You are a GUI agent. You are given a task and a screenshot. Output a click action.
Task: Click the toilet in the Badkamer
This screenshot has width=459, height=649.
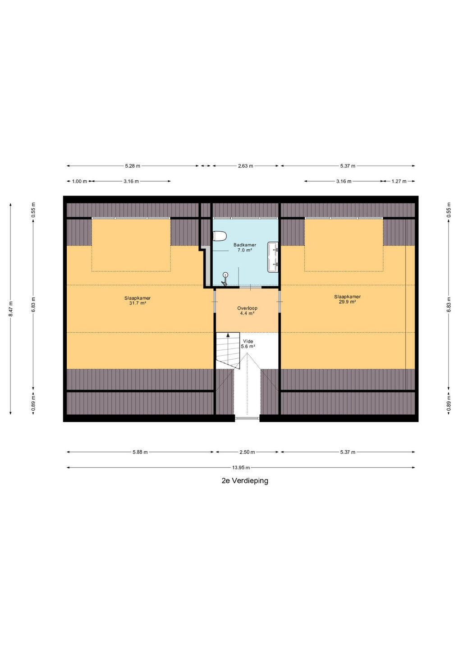click(220, 236)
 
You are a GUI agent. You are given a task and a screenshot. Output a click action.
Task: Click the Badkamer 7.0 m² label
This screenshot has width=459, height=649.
click(244, 247)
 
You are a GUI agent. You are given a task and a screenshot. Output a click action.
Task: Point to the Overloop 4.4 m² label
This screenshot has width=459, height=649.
click(247, 310)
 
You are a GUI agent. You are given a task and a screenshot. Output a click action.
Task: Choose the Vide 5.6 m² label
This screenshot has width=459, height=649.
click(248, 343)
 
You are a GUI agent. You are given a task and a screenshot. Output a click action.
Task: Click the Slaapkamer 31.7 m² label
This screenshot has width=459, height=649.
click(138, 301)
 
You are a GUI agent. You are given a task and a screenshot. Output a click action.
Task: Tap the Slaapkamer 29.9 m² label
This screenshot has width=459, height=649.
click(347, 299)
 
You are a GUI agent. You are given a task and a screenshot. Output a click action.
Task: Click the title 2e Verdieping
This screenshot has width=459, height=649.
click(245, 480)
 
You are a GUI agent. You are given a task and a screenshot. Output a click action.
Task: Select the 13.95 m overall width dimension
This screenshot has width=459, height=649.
click(241, 467)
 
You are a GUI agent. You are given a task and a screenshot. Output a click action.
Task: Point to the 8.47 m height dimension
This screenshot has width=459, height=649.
click(10, 309)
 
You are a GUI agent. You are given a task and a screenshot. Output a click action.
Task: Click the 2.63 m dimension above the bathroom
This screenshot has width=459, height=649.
click(245, 166)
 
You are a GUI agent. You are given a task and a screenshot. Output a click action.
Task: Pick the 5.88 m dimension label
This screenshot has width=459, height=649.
click(140, 452)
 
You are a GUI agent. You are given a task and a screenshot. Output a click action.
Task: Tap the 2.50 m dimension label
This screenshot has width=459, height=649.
click(247, 452)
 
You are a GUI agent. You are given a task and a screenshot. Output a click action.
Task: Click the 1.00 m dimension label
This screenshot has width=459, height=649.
click(79, 181)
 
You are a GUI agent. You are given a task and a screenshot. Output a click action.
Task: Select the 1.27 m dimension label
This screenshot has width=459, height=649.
click(399, 181)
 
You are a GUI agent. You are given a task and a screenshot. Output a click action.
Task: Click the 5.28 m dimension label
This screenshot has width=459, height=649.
click(133, 166)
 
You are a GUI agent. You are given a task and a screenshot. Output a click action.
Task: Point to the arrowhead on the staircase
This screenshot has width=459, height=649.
click(228, 335)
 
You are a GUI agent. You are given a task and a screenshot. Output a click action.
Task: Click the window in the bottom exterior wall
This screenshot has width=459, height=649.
click(247, 418)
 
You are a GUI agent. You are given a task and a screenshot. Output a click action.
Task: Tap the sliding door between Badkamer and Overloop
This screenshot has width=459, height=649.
click(250, 287)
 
